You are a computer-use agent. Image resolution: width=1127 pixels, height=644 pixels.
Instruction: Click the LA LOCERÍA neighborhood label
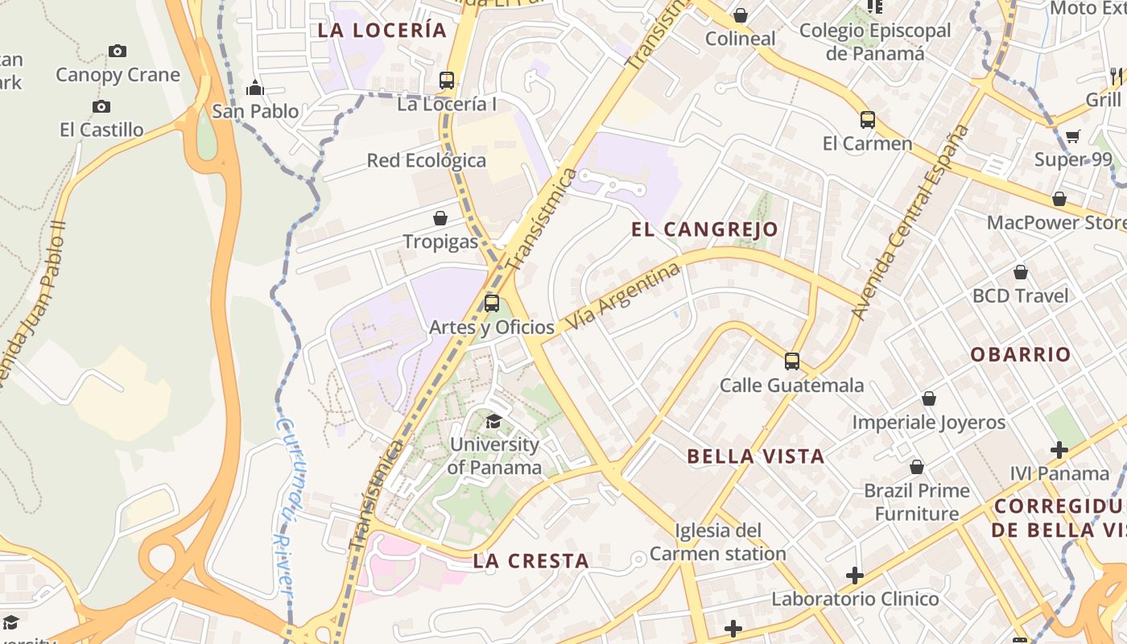(382, 31)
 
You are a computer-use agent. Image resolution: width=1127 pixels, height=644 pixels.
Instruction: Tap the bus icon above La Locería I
(447, 80)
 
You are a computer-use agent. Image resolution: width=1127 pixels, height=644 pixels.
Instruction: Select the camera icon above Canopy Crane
(118, 52)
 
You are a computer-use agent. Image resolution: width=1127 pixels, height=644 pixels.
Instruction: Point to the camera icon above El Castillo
(101, 106)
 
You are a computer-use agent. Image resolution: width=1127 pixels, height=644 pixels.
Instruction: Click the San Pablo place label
(255, 111)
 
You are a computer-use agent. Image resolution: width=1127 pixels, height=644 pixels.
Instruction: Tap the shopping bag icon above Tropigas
(440, 218)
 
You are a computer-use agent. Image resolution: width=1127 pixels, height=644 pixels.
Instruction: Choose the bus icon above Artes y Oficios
(492, 303)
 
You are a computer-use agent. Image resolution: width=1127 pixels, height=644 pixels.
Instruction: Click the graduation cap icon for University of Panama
(493, 421)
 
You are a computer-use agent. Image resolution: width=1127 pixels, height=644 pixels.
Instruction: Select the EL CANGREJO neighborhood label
(704, 229)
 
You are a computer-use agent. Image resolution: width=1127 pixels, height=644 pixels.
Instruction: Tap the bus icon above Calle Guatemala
(792, 361)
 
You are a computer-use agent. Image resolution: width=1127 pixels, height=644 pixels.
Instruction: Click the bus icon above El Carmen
(867, 120)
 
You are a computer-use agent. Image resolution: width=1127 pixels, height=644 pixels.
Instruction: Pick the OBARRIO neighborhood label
(1020, 355)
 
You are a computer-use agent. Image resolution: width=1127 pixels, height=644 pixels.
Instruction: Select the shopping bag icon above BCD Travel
(1021, 272)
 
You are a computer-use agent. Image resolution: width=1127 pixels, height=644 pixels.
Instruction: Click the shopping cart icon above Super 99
(1073, 136)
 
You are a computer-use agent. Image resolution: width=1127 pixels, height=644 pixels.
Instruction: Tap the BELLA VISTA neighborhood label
(755, 456)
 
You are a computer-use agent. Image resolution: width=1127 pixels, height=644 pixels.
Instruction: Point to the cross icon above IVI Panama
(1059, 450)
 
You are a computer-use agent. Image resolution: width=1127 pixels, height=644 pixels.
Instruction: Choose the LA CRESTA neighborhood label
(530, 561)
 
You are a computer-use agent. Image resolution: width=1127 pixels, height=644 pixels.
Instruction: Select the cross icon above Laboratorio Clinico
(855, 576)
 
